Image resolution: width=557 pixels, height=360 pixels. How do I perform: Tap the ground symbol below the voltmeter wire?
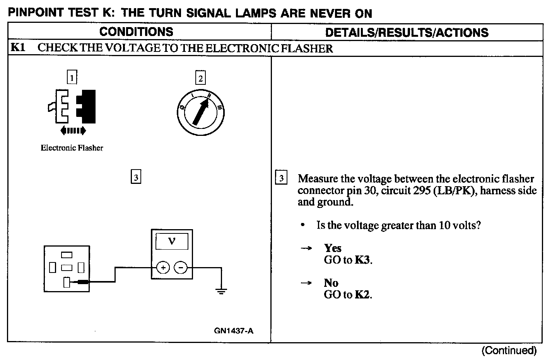[221, 291]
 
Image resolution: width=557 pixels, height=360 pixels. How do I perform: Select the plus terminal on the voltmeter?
[163, 267]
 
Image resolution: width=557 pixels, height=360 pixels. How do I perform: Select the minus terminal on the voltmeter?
[180, 267]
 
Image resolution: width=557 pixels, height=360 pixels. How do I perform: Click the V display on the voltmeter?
[172, 241]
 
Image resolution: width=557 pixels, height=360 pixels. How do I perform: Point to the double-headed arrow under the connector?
[73, 131]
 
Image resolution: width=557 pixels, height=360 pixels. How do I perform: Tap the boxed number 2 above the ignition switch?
[200, 78]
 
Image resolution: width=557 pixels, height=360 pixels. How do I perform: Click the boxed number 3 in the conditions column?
[136, 177]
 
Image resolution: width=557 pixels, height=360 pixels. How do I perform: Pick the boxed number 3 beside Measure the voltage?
[281, 178]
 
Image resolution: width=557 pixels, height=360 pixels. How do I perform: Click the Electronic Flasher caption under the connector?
[72, 148]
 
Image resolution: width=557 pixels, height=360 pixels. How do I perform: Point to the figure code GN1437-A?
[234, 331]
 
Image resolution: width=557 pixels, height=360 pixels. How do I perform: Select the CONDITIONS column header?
[136, 32]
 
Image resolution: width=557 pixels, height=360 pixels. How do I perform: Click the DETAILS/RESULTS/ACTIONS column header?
[407, 33]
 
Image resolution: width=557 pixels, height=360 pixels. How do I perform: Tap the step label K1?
[18, 48]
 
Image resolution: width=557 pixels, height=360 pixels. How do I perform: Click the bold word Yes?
[333, 248]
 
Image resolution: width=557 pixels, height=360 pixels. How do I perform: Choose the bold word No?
[331, 283]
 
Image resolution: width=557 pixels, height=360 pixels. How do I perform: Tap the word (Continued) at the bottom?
[509, 351]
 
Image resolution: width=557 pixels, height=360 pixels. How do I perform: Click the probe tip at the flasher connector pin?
[82, 282]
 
